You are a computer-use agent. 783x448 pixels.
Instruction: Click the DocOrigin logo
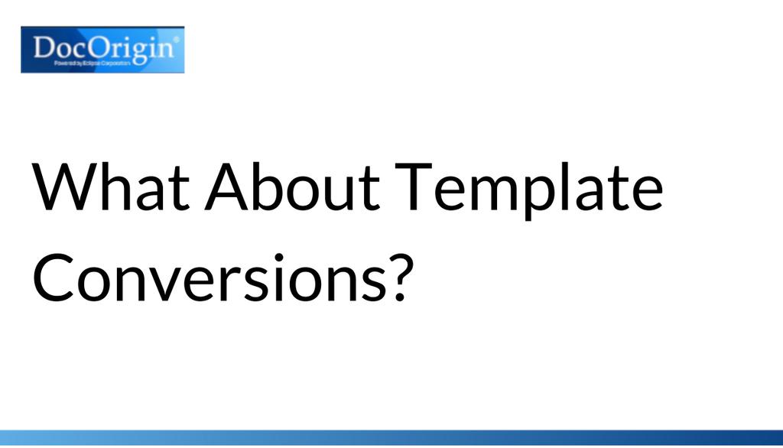coord(102,50)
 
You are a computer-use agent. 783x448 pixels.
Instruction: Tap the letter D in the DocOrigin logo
coord(44,48)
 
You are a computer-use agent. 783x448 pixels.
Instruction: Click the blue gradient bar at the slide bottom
coord(391,438)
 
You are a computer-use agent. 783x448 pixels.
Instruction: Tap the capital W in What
coord(62,187)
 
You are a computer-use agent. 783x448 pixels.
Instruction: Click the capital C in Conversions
coord(53,276)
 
